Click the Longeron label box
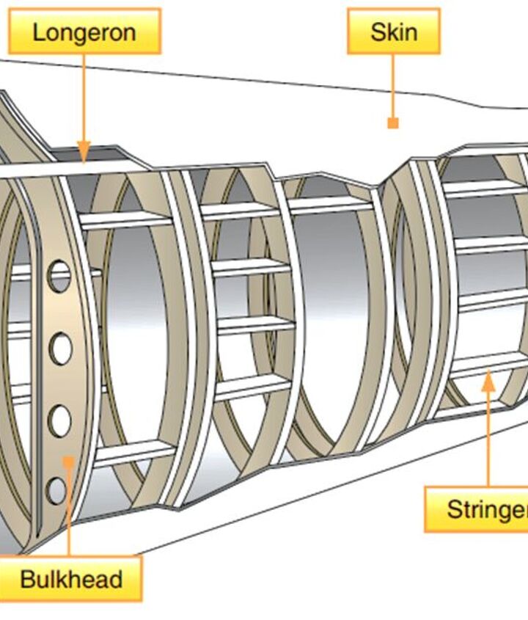click(x=84, y=32)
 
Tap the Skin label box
click(x=394, y=32)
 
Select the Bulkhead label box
click(x=70, y=578)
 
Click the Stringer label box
click(x=477, y=509)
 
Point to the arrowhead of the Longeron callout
click(x=84, y=152)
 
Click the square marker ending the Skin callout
click(x=393, y=123)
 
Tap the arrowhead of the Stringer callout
click(x=488, y=380)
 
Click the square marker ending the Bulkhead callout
click(x=68, y=462)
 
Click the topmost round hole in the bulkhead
click(x=59, y=276)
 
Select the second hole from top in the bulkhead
click(x=60, y=349)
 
